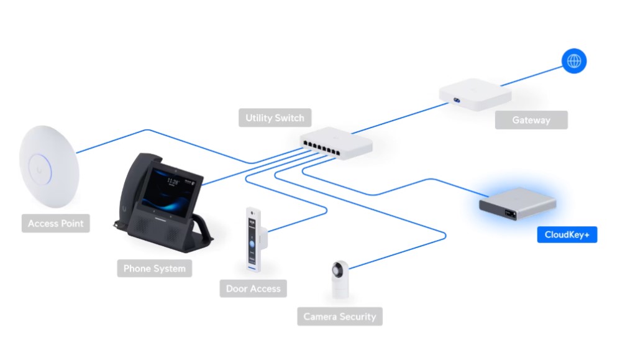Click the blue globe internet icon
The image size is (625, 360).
pyautogui.click(x=574, y=61)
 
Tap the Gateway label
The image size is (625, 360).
pyautogui.click(x=531, y=120)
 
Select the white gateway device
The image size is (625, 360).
pyautogui.click(x=475, y=94)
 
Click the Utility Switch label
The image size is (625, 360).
pyautogui.click(x=275, y=118)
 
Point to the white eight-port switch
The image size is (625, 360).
pyautogui.click(x=336, y=143)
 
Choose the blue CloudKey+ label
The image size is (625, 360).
pyautogui.click(x=567, y=234)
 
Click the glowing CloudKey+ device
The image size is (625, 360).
pyautogui.click(x=518, y=203)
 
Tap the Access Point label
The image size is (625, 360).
pyautogui.click(x=56, y=223)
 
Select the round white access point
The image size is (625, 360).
pyautogui.click(x=49, y=167)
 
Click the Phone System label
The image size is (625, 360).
pyautogui.click(x=155, y=269)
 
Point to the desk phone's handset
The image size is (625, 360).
pyautogui.click(x=134, y=188)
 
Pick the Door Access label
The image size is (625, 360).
pyautogui.click(x=253, y=288)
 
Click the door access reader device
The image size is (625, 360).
pyautogui.click(x=253, y=239)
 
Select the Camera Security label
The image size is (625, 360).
pyautogui.click(x=340, y=316)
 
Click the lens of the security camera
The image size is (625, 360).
pyautogui.click(x=337, y=270)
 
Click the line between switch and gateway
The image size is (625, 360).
pyautogui.click(x=400, y=118)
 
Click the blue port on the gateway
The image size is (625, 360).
pyautogui.click(x=457, y=100)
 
